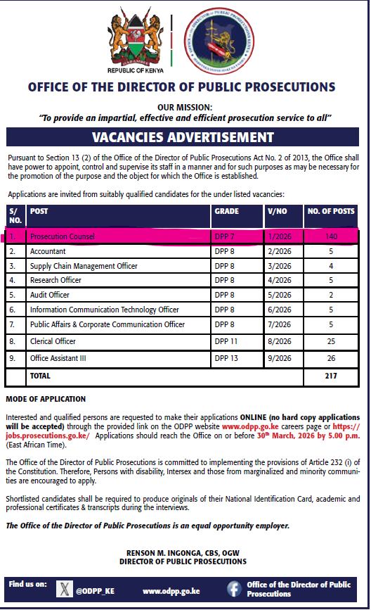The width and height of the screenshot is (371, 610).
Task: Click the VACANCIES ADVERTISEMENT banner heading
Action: click(x=185, y=136)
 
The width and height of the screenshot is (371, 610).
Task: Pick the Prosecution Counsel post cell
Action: click(x=62, y=236)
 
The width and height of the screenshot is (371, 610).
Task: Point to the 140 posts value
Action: click(x=332, y=236)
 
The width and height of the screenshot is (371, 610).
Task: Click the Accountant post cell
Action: click(x=48, y=251)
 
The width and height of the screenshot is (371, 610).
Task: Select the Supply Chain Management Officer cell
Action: click(x=84, y=266)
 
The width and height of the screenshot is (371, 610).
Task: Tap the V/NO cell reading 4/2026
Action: click(x=280, y=281)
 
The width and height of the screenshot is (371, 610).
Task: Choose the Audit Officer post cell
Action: click(x=49, y=295)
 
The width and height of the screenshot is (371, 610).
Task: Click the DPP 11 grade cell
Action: click(x=226, y=341)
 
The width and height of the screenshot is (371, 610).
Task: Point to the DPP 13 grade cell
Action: click(x=226, y=358)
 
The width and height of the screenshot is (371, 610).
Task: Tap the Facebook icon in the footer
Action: click(x=233, y=589)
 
